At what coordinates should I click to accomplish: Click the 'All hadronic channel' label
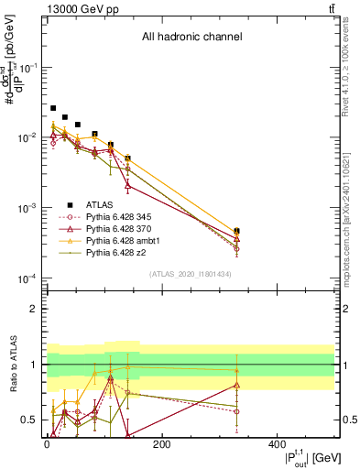coord(191,38)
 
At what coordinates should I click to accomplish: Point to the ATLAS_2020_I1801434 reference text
coord(191,274)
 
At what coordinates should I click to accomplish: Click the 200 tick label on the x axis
coord(161,442)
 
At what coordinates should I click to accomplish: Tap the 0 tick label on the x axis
coord(47,442)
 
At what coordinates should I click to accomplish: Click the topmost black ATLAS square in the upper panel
coord(53,108)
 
